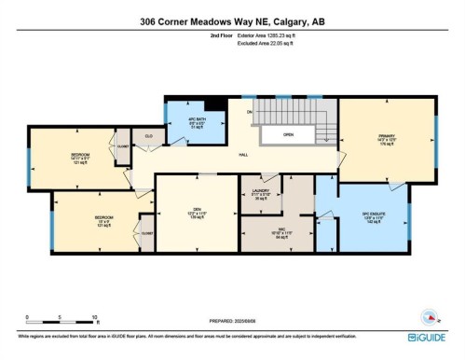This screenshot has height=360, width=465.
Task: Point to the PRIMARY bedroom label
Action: [387, 140]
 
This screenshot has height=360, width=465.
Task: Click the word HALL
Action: [242, 156]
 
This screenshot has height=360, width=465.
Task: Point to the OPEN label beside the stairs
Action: [290, 135]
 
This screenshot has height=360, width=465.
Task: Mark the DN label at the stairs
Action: [250, 112]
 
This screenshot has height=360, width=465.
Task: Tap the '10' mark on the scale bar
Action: [95, 318]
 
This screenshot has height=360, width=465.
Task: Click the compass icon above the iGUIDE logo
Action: [430, 316]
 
